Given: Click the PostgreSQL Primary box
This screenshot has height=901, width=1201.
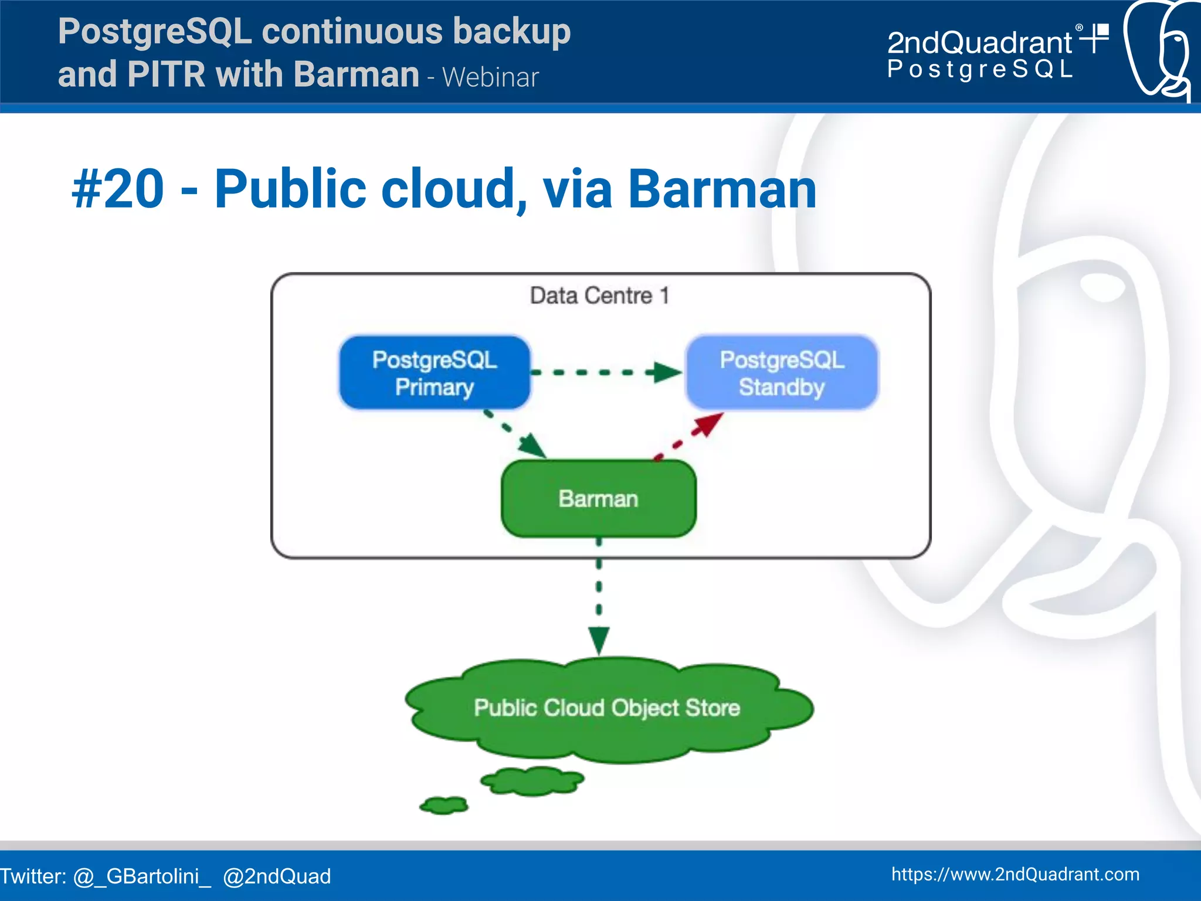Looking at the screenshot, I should click(435, 373).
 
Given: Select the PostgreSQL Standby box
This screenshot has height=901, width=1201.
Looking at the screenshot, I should click(782, 373).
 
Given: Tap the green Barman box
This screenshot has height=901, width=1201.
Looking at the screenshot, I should click(598, 499).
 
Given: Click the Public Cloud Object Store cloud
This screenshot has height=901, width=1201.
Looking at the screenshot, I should click(607, 708).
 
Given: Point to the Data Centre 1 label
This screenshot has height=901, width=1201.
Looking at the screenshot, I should click(599, 295).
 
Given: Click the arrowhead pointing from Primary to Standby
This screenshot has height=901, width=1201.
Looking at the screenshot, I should click(667, 372).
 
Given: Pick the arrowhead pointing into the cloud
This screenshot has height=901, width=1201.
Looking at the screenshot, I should click(599, 640).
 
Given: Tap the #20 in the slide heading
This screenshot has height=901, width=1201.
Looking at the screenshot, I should click(118, 189).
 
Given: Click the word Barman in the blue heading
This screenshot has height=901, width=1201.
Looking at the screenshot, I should click(722, 189).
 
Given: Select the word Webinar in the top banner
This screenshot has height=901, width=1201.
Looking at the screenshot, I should click(490, 77).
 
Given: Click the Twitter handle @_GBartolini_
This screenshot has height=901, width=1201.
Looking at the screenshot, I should click(141, 876).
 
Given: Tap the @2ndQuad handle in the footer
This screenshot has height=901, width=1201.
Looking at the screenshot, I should click(277, 876).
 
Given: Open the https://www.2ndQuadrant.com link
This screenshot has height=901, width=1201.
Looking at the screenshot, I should click(1015, 874).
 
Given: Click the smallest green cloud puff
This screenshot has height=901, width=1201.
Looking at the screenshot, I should click(444, 805).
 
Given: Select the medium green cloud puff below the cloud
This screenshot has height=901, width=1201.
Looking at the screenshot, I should click(532, 781).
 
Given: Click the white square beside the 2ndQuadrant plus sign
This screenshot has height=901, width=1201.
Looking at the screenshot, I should click(1102, 30).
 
